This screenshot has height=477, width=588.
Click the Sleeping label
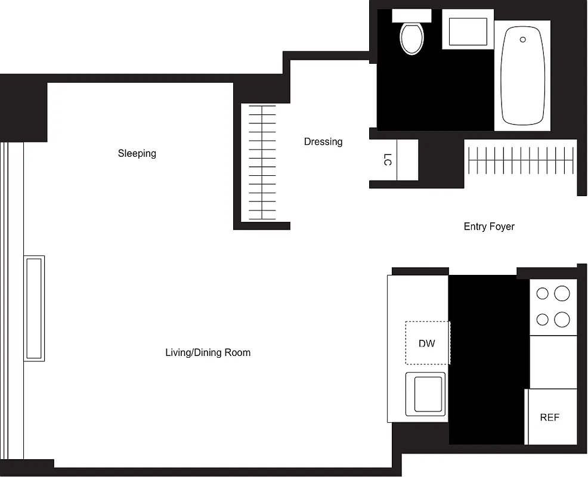point(137,153)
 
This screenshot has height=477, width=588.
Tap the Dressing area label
point(323,142)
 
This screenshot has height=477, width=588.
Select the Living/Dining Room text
point(208,352)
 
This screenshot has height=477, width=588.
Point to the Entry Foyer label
point(489,227)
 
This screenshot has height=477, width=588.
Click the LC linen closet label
point(388,160)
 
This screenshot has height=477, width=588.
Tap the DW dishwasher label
point(427,343)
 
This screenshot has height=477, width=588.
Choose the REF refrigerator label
point(550,417)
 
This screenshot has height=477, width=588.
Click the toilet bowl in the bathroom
point(411,39)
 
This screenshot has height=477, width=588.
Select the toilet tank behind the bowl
point(411,16)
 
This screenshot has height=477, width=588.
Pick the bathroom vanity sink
point(468,32)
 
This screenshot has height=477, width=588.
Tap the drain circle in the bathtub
point(523,40)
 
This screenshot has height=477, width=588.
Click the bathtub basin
point(522,78)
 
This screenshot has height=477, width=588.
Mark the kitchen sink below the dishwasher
point(426,394)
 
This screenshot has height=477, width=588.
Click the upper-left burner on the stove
point(542,293)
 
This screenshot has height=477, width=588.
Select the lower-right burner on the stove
point(562,320)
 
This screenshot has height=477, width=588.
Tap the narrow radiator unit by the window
point(34,308)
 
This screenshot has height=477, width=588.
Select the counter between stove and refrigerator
point(553,361)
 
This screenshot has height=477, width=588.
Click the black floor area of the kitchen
point(488,358)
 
